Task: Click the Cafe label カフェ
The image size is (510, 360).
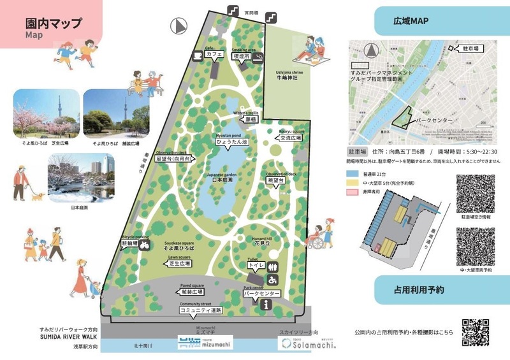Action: click(x=214, y=55)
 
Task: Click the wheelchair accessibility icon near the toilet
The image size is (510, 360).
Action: click(x=272, y=279)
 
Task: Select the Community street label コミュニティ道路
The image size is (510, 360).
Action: click(x=200, y=311)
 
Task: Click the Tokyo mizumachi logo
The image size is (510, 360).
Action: click(x=204, y=342)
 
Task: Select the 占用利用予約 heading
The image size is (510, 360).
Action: click(x=419, y=289)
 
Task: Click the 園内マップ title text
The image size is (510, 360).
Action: click(x=54, y=24)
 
